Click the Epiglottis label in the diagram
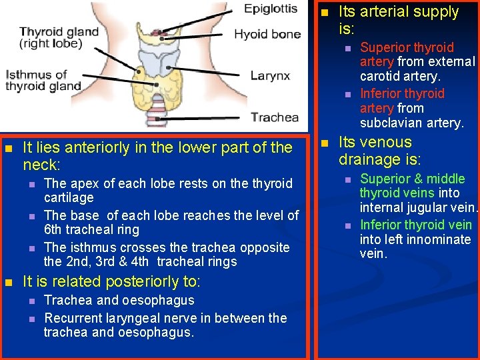(271, 9)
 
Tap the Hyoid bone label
(267, 34)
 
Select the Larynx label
(270, 75)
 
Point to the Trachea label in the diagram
(275, 118)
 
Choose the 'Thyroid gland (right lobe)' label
(59, 37)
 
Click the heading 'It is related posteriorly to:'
(111, 282)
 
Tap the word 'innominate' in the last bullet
(438, 239)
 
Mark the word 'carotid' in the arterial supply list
(381, 77)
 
